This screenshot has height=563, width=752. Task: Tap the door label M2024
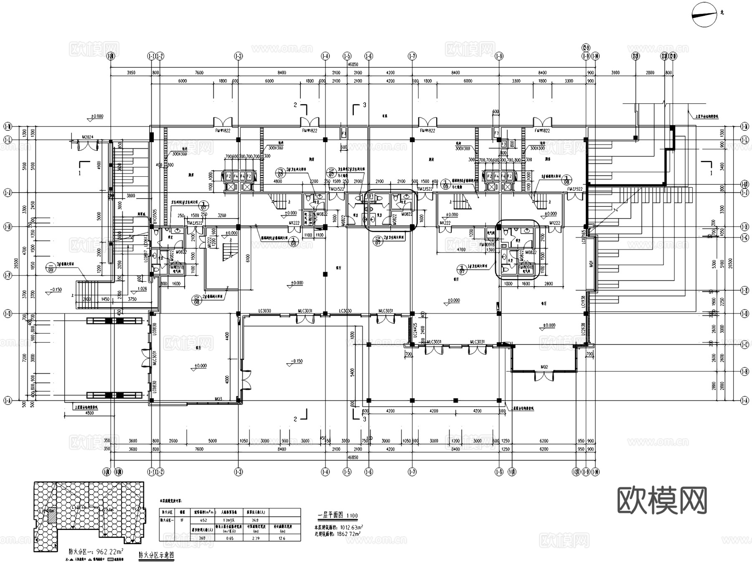pyautogui.click(x=88, y=137)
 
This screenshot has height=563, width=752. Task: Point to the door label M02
pyautogui.click(x=544, y=367)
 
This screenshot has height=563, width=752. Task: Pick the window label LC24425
pyautogui.click(x=415, y=330)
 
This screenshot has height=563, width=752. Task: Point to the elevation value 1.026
pyautogui.click(x=142, y=289)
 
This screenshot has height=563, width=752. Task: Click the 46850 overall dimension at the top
pyautogui.click(x=353, y=64)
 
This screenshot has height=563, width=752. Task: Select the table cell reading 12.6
pyautogui.click(x=282, y=538)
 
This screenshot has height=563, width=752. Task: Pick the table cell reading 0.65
pyautogui.click(x=229, y=538)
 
